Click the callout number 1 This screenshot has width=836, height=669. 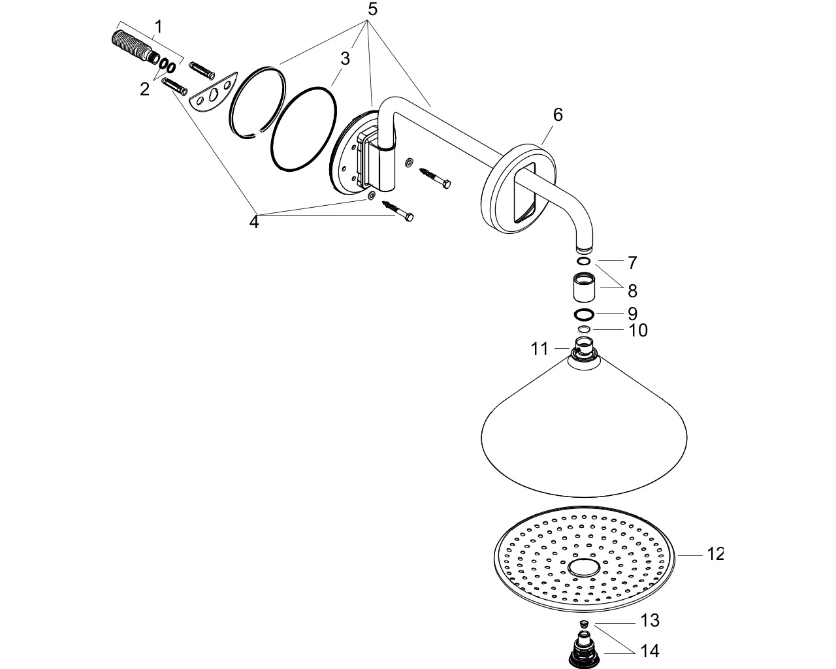(159, 27)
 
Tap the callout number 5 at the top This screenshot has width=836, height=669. (372, 9)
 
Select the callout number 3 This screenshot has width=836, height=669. (345, 59)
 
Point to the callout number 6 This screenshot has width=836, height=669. (558, 115)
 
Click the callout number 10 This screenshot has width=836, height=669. (638, 331)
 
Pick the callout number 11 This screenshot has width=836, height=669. (539, 349)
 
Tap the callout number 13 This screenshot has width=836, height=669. (650, 621)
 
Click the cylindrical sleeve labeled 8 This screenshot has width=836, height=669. (584, 287)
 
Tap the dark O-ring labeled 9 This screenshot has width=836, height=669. (583, 314)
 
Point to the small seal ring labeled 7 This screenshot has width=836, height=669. (583, 261)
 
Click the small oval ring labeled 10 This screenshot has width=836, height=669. (584, 330)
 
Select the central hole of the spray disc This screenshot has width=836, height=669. (583, 568)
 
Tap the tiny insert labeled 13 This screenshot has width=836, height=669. (583, 624)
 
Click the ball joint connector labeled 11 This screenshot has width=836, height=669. (585, 348)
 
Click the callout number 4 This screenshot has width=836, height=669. (254, 222)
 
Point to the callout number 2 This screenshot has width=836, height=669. (144, 90)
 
